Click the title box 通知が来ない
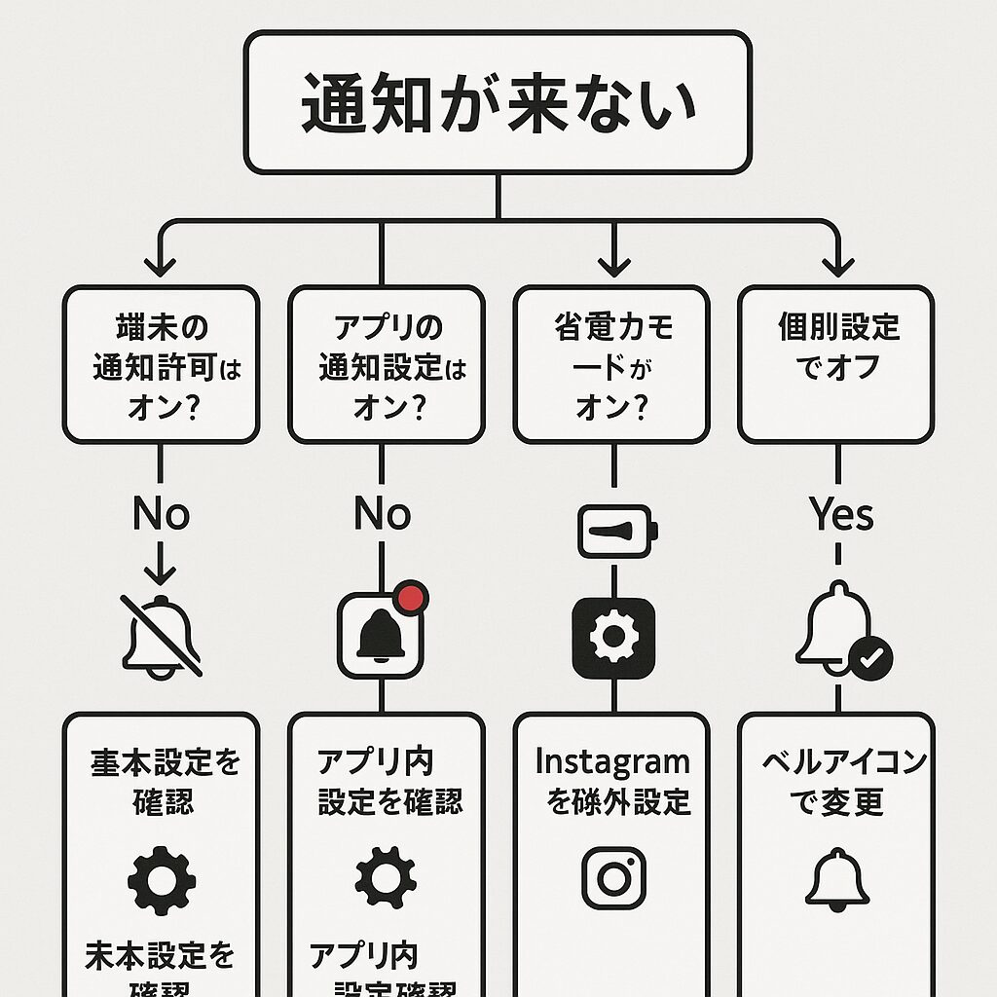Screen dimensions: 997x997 click(498, 102)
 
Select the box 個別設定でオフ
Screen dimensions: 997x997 click(835, 364)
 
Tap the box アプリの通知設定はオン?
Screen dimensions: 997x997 click(387, 364)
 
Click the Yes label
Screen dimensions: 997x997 click(841, 515)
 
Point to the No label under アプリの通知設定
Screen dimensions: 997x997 click(382, 515)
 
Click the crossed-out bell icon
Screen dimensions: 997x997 click(162, 637)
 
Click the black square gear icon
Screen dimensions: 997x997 click(613, 637)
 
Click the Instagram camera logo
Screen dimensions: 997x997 click(613, 877)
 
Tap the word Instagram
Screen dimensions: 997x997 click(612, 761)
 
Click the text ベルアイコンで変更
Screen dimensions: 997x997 click(843, 782)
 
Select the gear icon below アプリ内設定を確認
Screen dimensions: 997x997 click(385, 877)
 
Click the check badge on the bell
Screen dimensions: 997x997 click(870, 658)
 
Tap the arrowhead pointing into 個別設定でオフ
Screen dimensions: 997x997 click(835, 264)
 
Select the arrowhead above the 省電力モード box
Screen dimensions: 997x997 click(612, 264)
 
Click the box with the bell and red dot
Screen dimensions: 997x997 click(381, 637)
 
